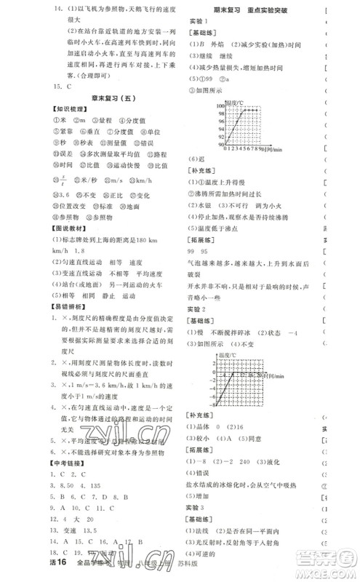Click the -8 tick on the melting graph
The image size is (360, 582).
[x=209, y=402]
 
